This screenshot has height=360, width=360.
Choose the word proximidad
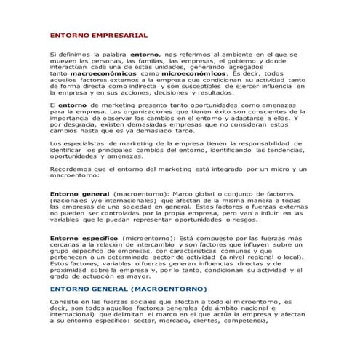click(x=73, y=269)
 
